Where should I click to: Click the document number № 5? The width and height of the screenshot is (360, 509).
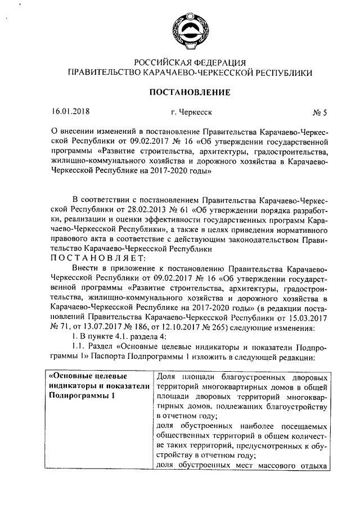coord(318,112)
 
